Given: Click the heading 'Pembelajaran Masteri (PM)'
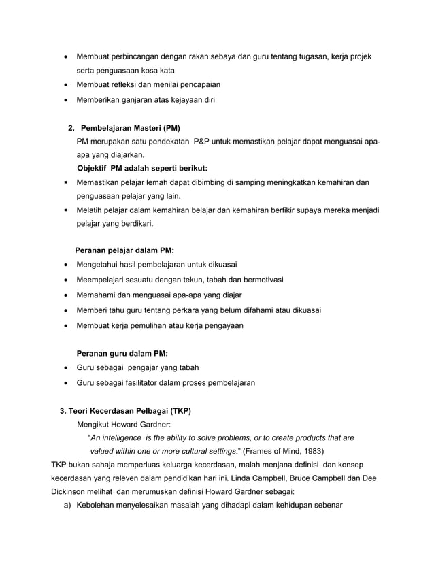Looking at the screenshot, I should (x=131, y=128).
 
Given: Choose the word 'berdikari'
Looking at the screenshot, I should (x=135, y=223).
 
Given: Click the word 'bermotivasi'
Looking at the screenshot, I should (x=261, y=280).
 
